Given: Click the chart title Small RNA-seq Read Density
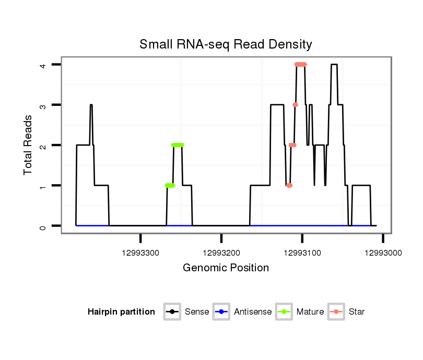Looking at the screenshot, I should (x=226, y=44).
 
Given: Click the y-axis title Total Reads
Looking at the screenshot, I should (x=29, y=145).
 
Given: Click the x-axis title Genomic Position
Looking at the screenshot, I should (x=226, y=268).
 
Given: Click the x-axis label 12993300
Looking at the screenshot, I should (x=141, y=253).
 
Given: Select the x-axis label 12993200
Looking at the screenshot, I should (x=221, y=253).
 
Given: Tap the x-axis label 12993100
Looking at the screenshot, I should (x=302, y=253).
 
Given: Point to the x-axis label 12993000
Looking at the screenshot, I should (x=383, y=253).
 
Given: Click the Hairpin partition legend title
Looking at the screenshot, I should (x=121, y=312).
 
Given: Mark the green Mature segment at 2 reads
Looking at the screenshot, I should (x=178, y=145).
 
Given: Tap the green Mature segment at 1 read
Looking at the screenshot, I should (x=170, y=185).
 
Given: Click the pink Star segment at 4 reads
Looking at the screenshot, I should (x=300, y=65).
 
